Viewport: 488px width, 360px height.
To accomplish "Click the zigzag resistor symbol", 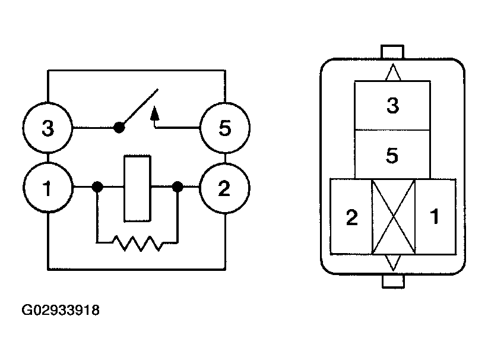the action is [137, 243].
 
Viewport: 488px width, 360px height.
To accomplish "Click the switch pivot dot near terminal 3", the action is [119, 127].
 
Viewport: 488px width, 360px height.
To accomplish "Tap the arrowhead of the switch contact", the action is [155, 113].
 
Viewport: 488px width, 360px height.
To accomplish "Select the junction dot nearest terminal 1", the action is [97, 187].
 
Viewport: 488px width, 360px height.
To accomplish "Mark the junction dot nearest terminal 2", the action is [178, 187].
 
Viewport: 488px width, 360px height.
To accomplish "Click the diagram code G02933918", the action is [61, 310].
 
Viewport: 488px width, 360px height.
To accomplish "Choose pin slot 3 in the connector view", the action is [392, 105].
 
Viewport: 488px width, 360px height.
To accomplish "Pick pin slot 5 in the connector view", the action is [392, 154].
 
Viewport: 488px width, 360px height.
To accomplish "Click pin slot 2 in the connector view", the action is [351, 217].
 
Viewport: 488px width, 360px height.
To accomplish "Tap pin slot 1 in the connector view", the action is [436, 217].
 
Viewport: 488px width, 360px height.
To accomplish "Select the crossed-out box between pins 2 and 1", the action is [394, 217].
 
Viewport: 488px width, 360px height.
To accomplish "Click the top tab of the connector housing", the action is [392, 52].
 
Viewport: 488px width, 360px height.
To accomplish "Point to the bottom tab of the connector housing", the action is [393, 281].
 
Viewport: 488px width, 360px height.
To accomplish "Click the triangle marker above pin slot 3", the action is [393, 72].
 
